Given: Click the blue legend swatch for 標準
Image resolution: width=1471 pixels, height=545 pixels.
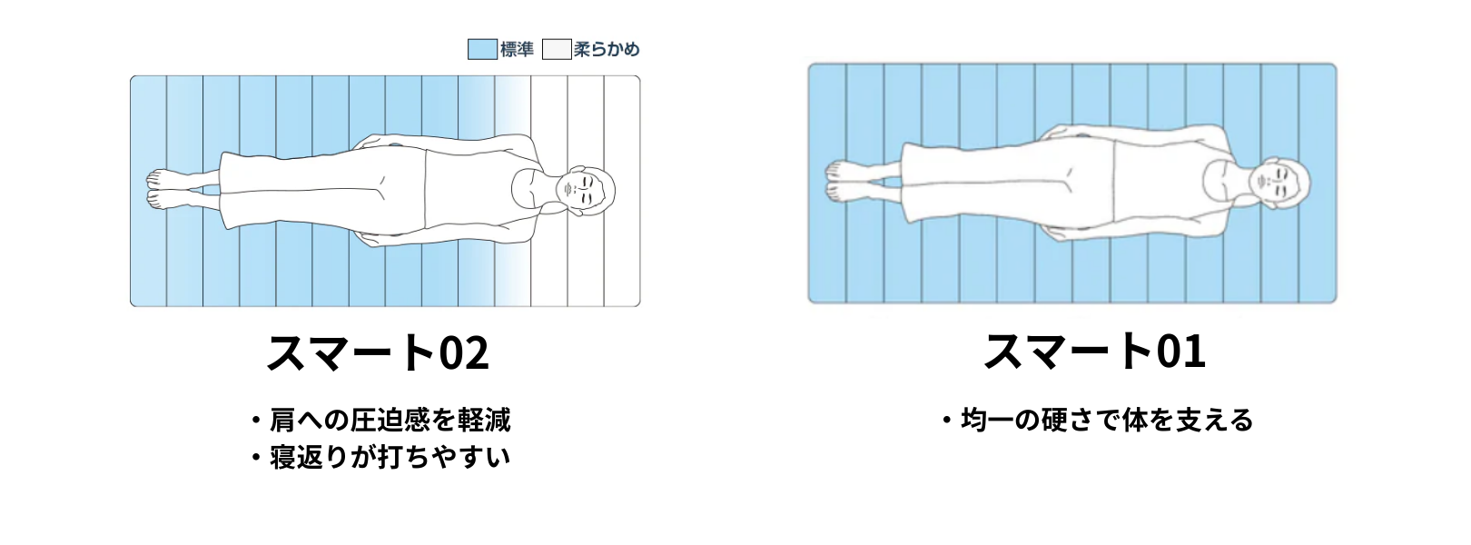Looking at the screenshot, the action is tap(482, 49).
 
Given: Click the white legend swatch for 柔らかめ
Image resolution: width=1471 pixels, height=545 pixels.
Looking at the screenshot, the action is tap(557, 49).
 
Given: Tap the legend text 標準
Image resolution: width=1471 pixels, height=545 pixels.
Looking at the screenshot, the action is tap(517, 49).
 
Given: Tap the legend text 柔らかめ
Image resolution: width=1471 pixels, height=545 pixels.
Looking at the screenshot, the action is tap(607, 49).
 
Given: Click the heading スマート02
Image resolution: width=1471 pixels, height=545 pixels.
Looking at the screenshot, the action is tap(378, 352).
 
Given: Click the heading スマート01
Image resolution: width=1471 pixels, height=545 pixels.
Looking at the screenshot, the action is tap(1095, 351).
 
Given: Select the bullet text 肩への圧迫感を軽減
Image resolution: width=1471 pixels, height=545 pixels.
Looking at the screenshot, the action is tap(390, 421).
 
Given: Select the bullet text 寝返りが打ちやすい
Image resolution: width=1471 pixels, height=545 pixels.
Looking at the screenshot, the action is tap(390, 457).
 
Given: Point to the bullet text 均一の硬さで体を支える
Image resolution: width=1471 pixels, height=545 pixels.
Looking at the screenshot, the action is tap(1107, 421).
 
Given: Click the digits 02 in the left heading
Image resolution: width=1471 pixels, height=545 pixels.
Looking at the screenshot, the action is tap(464, 353).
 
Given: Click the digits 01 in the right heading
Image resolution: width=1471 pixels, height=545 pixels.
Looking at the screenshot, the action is tap(1180, 352).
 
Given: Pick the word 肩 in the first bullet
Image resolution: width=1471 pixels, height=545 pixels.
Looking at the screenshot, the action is tap(282, 421).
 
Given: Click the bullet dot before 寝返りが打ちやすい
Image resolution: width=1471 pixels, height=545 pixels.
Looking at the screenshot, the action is tap(257, 458).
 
